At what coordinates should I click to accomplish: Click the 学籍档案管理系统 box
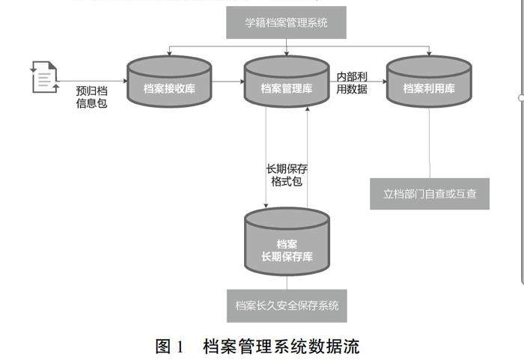coord(287,23)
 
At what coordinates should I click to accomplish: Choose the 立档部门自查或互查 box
coord(429,194)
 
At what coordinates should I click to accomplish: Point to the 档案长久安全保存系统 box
coord(287,305)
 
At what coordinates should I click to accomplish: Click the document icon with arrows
coord(44,77)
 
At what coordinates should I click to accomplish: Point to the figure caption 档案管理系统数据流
coord(281,346)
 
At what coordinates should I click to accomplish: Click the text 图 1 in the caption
coord(169,346)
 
